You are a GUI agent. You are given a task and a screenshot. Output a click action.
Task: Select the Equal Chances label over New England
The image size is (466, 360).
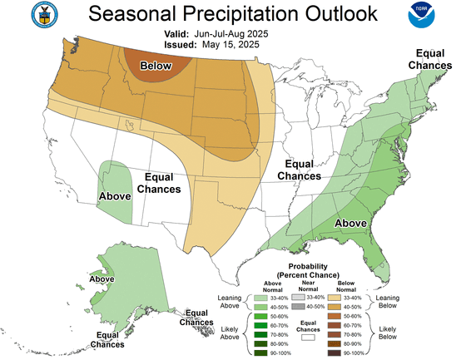click(427, 59)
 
